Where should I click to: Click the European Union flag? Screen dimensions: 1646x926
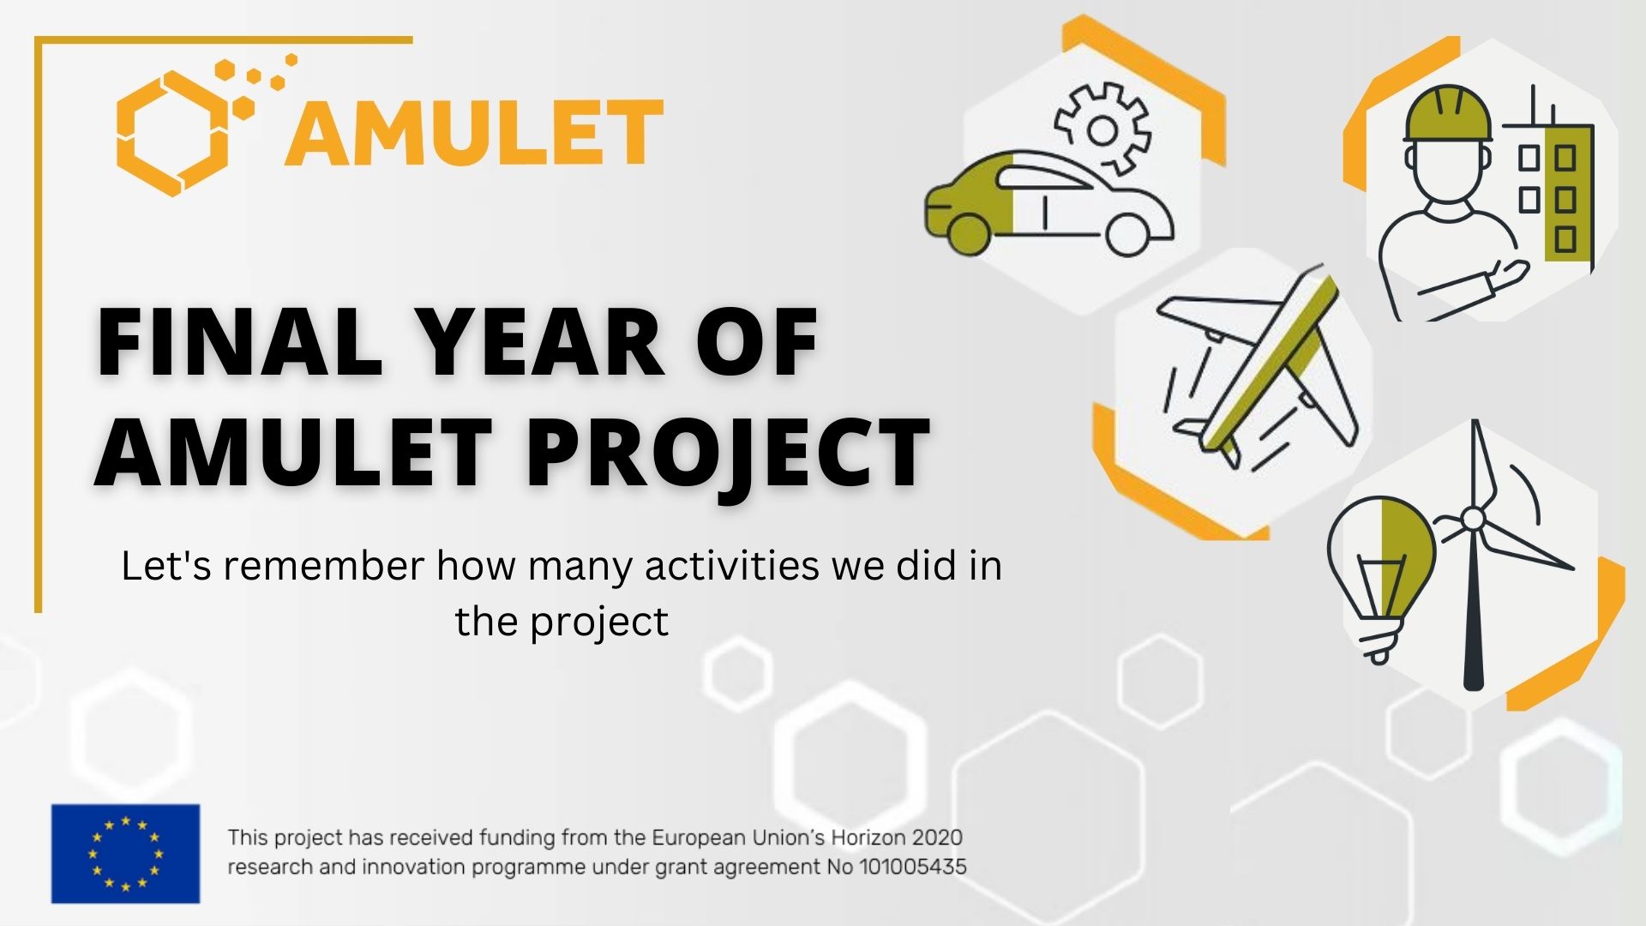pos(125,853)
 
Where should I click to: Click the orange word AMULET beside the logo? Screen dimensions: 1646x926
pos(475,133)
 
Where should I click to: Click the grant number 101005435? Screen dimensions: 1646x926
pos(912,867)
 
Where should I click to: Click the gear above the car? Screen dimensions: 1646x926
pos(1103,128)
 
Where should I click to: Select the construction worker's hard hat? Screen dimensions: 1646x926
pos(1447,113)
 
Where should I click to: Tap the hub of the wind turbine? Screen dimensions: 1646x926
pos(1473,519)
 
